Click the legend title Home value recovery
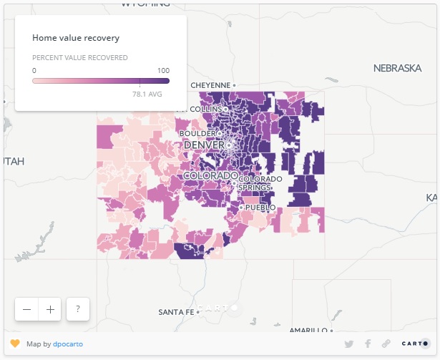point(76,37)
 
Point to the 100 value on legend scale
point(163,70)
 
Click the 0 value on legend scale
point(34,70)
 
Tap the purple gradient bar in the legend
point(101,81)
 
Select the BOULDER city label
point(197,133)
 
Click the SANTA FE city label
point(176,312)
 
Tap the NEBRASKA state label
point(397,68)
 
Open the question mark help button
point(77,309)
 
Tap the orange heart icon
point(15,344)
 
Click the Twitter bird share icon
point(349,344)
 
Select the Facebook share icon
point(368,344)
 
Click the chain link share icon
point(386,344)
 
